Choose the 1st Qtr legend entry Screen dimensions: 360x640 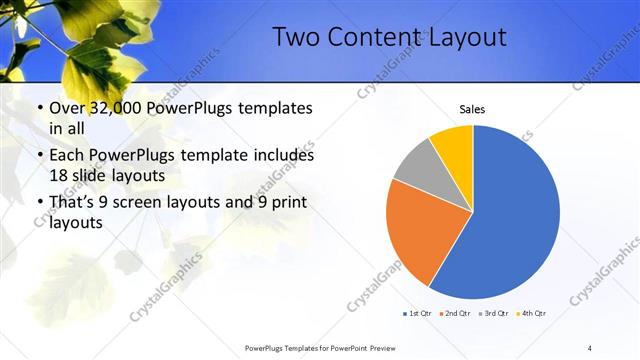(x=417, y=313)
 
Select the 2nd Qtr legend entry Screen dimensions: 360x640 (x=455, y=313)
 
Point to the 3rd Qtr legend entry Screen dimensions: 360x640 (x=493, y=313)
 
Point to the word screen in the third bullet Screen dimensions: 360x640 (x=146, y=203)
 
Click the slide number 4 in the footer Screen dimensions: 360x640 (x=590, y=347)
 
